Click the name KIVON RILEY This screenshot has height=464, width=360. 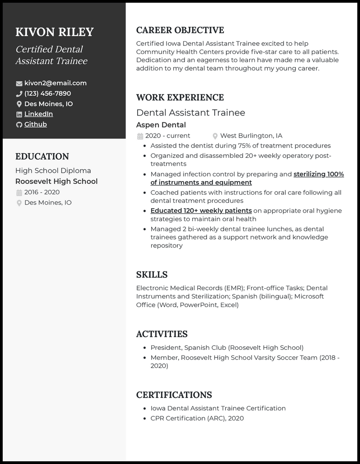(x=54, y=32)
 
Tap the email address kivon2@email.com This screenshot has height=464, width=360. (x=55, y=83)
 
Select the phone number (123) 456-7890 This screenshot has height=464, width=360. (x=48, y=94)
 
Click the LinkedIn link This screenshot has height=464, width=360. (x=39, y=114)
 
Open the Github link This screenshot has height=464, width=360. (x=36, y=125)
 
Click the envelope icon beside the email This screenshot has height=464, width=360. (x=19, y=84)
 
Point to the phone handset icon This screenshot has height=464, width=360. (x=19, y=94)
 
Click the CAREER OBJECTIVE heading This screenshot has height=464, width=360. (x=180, y=31)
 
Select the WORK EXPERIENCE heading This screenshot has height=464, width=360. (x=180, y=98)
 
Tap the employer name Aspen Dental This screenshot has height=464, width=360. (x=161, y=125)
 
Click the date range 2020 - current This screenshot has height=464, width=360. (x=168, y=136)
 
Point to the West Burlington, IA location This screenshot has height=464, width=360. (x=251, y=136)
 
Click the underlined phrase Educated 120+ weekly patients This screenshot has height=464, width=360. (x=201, y=211)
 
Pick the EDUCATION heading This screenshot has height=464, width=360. (x=42, y=156)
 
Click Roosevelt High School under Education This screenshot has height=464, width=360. (x=56, y=182)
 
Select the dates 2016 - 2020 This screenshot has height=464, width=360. (x=42, y=192)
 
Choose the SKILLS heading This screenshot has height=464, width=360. (x=152, y=275)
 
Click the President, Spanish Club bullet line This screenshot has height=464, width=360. (x=227, y=348)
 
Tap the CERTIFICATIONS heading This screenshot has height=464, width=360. (x=174, y=395)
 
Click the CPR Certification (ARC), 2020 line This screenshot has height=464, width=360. (x=197, y=419)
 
